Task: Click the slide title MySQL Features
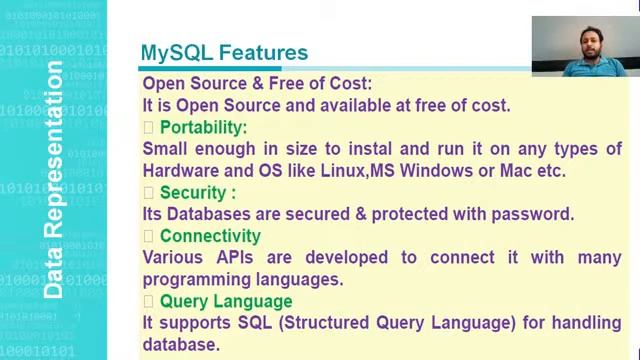click(224, 52)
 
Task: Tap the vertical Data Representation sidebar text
click(53, 180)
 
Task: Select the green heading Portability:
click(203, 127)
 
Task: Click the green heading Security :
click(198, 192)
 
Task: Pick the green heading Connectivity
click(210, 236)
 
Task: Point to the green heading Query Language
click(226, 301)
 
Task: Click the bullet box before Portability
click(148, 127)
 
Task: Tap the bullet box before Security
click(148, 192)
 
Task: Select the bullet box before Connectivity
click(148, 236)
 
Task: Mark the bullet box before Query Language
click(148, 301)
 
